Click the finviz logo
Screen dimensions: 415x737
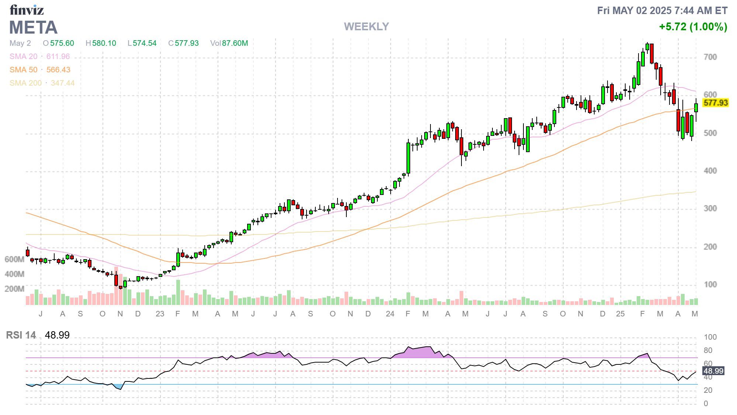(x=27, y=10)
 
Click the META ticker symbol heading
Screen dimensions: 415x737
(x=33, y=28)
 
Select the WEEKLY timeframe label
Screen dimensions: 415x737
(x=366, y=27)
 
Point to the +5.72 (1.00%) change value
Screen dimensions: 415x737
(x=693, y=27)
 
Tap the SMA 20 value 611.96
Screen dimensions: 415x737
(x=58, y=56)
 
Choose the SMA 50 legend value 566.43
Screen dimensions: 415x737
(x=58, y=70)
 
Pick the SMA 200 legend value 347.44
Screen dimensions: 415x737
(x=62, y=83)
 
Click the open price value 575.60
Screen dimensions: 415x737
(x=62, y=43)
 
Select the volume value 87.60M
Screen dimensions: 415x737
(x=235, y=43)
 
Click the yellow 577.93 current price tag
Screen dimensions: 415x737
(x=715, y=103)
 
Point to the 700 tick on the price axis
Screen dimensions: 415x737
(x=710, y=57)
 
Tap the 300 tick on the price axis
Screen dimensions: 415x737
(x=710, y=209)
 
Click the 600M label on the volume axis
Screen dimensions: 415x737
(x=14, y=260)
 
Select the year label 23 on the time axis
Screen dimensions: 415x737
(x=160, y=314)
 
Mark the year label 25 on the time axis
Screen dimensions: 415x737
(x=620, y=314)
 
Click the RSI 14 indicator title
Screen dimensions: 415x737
(x=21, y=335)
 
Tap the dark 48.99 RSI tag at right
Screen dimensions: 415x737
(x=713, y=371)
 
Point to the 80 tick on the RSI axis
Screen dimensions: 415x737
(x=708, y=350)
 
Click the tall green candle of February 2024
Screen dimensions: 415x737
(x=408, y=158)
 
